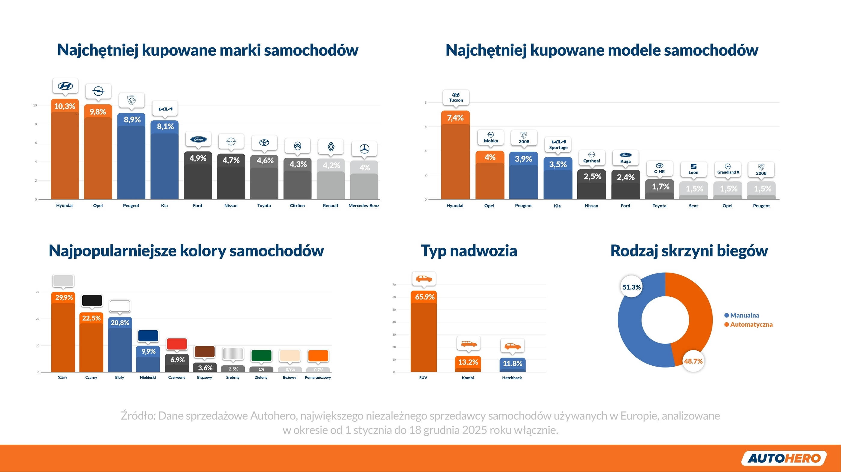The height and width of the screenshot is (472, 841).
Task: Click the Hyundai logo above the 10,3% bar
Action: coord(65,86)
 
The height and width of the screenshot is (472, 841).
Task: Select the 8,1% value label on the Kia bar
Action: coord(165,127)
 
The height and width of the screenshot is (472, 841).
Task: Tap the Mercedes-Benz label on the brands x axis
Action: coord(364,206)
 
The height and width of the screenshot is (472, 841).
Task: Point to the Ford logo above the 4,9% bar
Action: coord(198,139)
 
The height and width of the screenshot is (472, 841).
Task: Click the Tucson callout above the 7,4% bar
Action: coord(456,97)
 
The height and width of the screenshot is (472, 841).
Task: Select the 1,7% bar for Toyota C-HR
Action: coord(660,189)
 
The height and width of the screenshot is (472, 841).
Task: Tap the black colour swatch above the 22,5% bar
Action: coord(92,300)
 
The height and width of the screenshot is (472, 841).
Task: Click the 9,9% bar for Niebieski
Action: coord(148,359)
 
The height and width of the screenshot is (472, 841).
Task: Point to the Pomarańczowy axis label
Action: coord(318,378)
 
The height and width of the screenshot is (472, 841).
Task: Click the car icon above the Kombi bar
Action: coord(469,344)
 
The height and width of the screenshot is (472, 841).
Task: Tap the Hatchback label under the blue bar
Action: coord(512,378)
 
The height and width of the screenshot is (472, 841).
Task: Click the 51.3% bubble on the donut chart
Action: coord(631,287)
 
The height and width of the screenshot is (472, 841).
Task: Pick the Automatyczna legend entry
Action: coord(748,325)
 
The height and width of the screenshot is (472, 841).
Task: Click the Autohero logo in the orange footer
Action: coord(784,458)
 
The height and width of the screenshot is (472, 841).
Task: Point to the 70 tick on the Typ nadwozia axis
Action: coord(394,285)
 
